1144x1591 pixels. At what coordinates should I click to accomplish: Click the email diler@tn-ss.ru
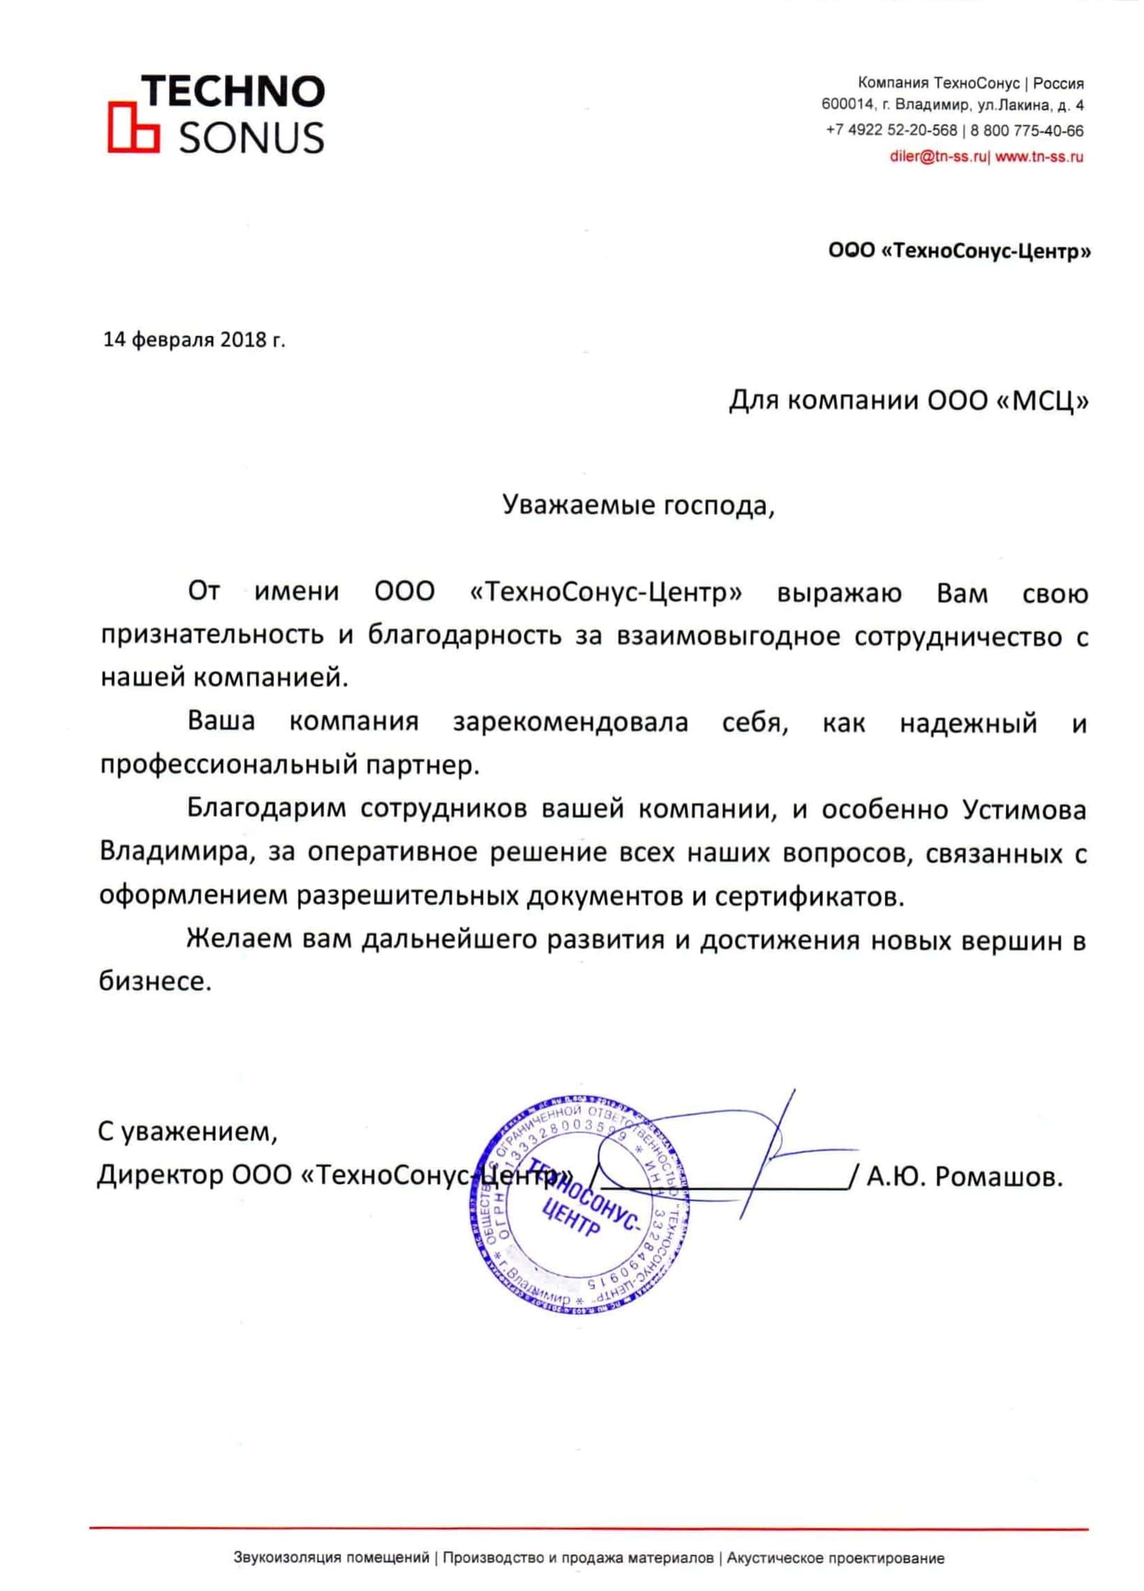[939, 157]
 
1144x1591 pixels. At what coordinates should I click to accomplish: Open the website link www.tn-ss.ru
[1039, 157]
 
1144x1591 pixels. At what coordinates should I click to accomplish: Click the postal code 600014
[848, 106]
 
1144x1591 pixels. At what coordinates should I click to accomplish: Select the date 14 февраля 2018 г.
[195, 340]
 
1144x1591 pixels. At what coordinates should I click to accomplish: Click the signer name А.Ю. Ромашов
[965, 1176]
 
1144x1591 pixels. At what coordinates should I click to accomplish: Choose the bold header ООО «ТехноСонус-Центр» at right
[960, 252]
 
